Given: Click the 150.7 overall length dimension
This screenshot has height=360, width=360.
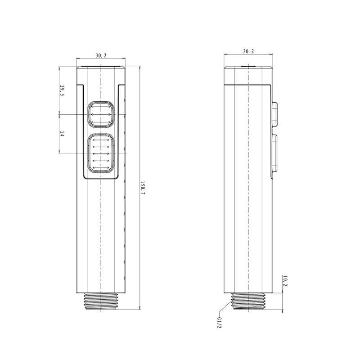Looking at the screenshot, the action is [143, 188].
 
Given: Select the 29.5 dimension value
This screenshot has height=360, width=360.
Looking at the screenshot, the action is [62, 90].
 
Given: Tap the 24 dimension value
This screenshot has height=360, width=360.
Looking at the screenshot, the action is [62, 134].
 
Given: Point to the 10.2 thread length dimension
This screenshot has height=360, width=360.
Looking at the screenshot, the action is [285, 281].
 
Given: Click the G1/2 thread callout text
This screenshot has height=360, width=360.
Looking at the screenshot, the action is [219, 323].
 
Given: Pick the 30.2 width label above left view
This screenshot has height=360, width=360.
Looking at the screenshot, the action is [101, 55].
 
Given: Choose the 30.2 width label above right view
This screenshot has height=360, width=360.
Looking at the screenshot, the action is [249, 51].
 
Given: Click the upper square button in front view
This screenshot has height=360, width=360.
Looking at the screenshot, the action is [101, 114].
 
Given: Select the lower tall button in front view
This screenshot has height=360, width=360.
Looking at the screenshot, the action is [101, 153].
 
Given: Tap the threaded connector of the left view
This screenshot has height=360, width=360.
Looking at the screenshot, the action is [101, 301].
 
